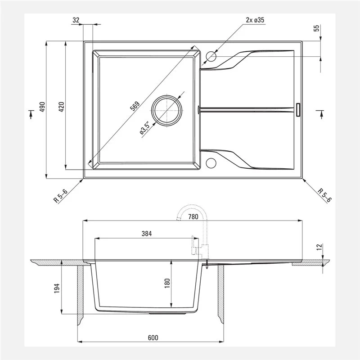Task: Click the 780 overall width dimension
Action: pyautogui.click(x=193, y=216)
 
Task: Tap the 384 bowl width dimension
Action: pyautogui.click(x=147, y=234)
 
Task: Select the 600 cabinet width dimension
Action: pyautogui.click(x=153, y=337)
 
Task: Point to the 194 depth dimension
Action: pyautogui.click(x=57, y=288)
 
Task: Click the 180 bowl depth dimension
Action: pyautogui.click(x=167, y=283)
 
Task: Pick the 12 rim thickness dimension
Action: pyautogui.click(x=319, y=247)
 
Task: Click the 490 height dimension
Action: pyautogui.click(x=42, y=107)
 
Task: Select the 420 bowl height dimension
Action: pyautogui.click(x=62, y=107)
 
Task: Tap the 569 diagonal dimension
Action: pyautogui.click(x=135, y=106)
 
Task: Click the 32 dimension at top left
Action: pyautogui.click(x=76, y=20)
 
